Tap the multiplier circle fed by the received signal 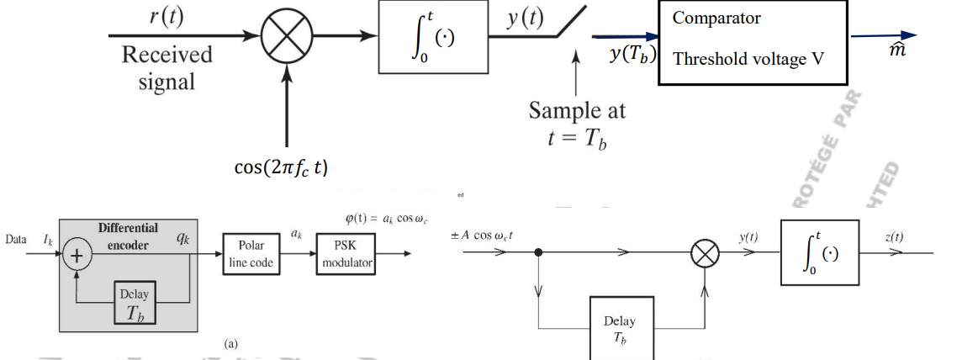(x=287, y=38)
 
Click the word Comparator (x=716, y=18)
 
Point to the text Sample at (x=577, y=110)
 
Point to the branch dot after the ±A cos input (x=538, y=251)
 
